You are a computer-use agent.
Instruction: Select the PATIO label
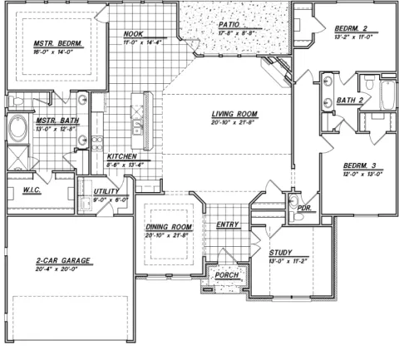[230, 25]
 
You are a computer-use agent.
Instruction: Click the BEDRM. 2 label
[347, 27]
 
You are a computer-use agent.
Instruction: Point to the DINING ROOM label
[169, 226]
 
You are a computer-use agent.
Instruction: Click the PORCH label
[226, 275]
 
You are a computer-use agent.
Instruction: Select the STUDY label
[282, 252]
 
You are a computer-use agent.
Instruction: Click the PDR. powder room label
[304, 208]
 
